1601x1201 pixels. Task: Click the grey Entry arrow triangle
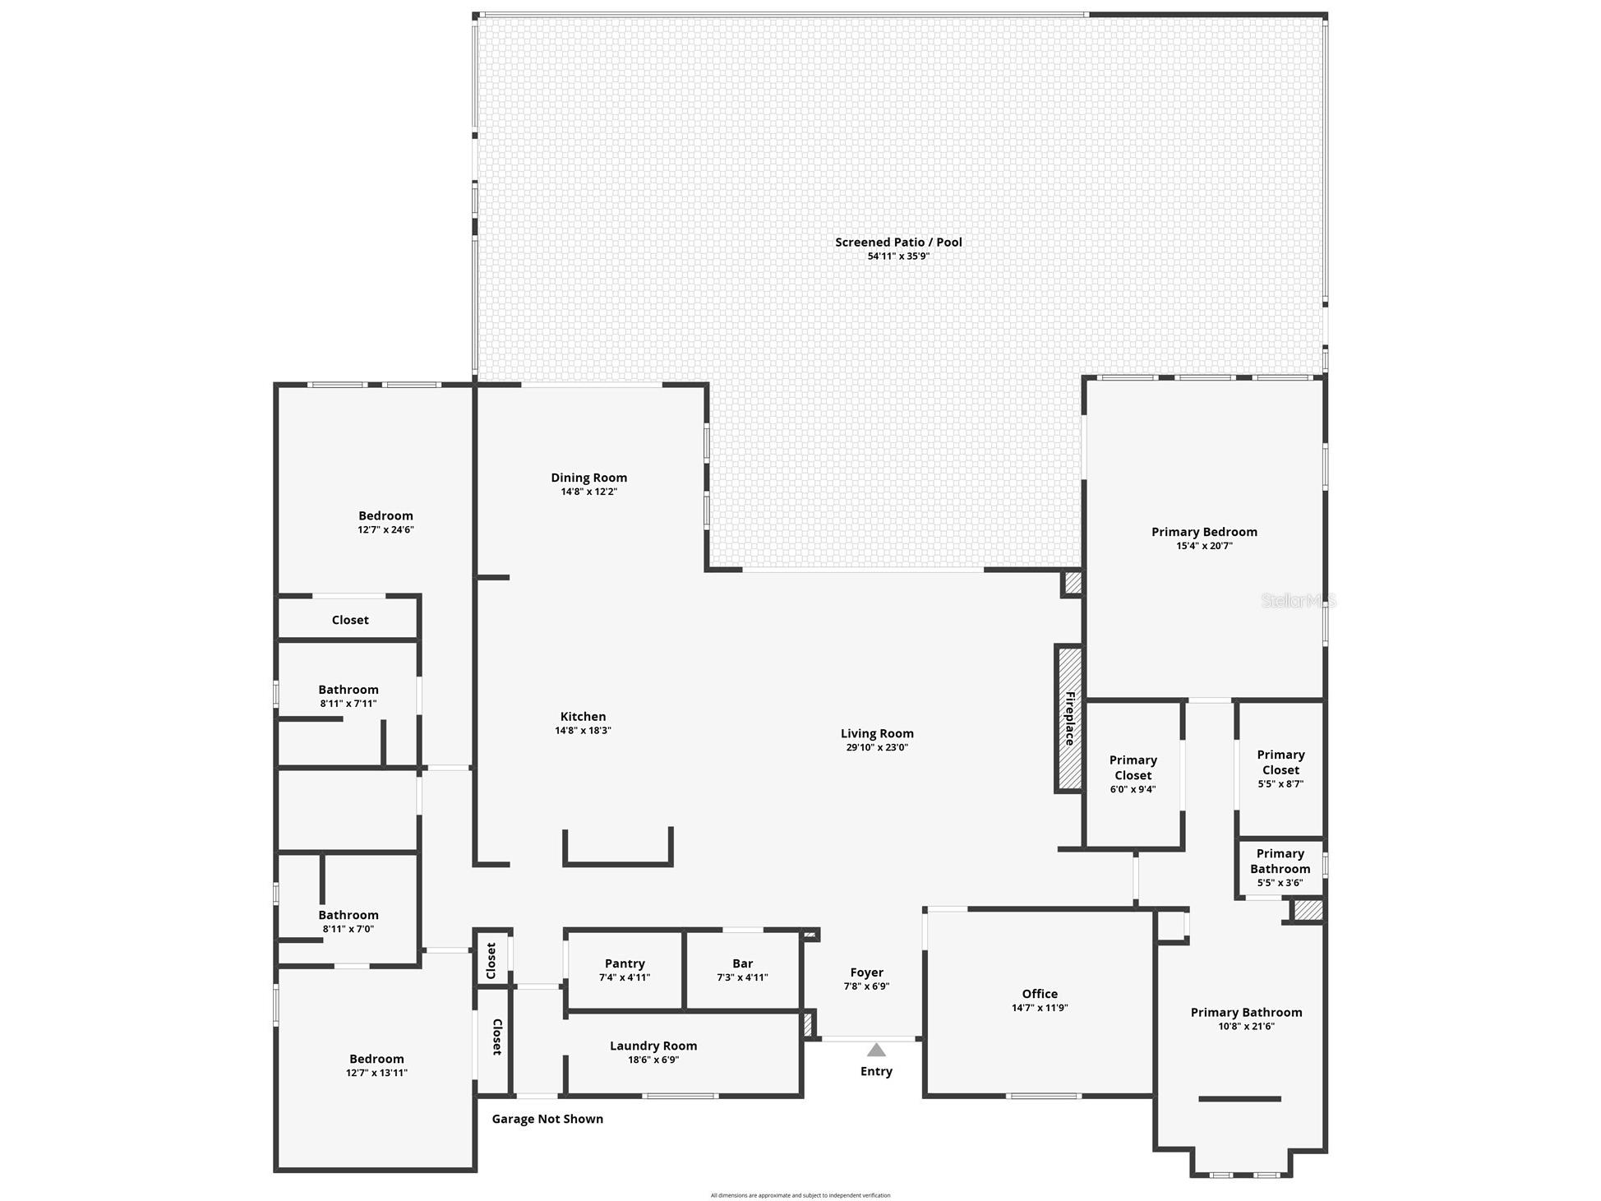876,1050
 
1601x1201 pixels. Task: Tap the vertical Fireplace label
1070,718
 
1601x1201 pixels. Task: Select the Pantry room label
625,963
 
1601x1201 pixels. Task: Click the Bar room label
742,963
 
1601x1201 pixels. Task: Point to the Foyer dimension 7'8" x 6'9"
866,986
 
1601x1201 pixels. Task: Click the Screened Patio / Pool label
898,242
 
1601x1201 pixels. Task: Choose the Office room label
1040,994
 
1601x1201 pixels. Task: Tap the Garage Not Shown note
547,1119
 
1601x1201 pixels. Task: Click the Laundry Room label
653,1046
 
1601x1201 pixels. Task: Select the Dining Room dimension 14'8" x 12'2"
588,492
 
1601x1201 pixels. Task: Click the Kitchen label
583,717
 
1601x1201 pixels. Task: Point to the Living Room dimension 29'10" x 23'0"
877,747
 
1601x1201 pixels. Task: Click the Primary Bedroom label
1204,532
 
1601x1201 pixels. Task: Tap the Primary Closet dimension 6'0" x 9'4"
1133,789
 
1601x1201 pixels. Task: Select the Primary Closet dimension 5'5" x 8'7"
1280,784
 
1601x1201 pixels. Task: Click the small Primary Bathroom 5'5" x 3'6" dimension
1280,883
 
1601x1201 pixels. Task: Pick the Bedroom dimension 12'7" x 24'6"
385,530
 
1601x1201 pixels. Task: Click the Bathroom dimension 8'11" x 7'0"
348,929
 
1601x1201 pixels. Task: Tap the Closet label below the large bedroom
350,620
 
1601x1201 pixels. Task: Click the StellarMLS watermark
1299,601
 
